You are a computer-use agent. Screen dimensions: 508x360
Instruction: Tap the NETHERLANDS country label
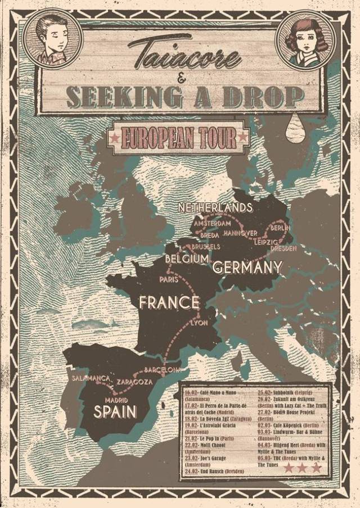215,208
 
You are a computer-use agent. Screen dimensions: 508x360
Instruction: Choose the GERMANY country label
247,266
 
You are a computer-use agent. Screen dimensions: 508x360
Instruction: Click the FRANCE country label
169,303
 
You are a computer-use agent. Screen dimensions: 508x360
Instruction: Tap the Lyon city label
199,323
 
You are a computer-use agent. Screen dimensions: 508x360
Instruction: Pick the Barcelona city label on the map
163,370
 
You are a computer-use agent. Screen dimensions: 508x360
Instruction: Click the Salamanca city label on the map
90,378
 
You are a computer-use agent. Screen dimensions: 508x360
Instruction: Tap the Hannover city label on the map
240,233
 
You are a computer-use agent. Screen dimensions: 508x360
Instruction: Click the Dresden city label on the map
283,248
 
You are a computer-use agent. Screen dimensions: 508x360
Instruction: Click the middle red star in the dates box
304,468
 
